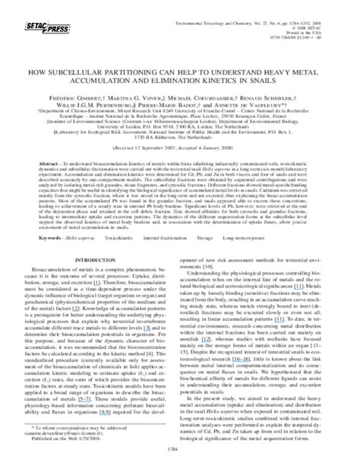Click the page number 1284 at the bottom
[179, 458]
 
